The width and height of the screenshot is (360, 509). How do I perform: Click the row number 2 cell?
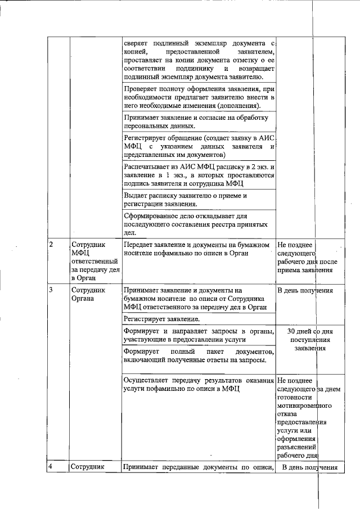pos(51,244)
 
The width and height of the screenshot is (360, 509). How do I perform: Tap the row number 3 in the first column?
pos(51,290)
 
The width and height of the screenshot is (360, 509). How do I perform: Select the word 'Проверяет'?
pos(141,89)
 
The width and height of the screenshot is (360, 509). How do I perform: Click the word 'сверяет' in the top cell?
pos(138,43)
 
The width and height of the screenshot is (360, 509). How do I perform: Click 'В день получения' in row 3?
pos(306,291)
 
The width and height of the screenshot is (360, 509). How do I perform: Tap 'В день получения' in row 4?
pos(309,467)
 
